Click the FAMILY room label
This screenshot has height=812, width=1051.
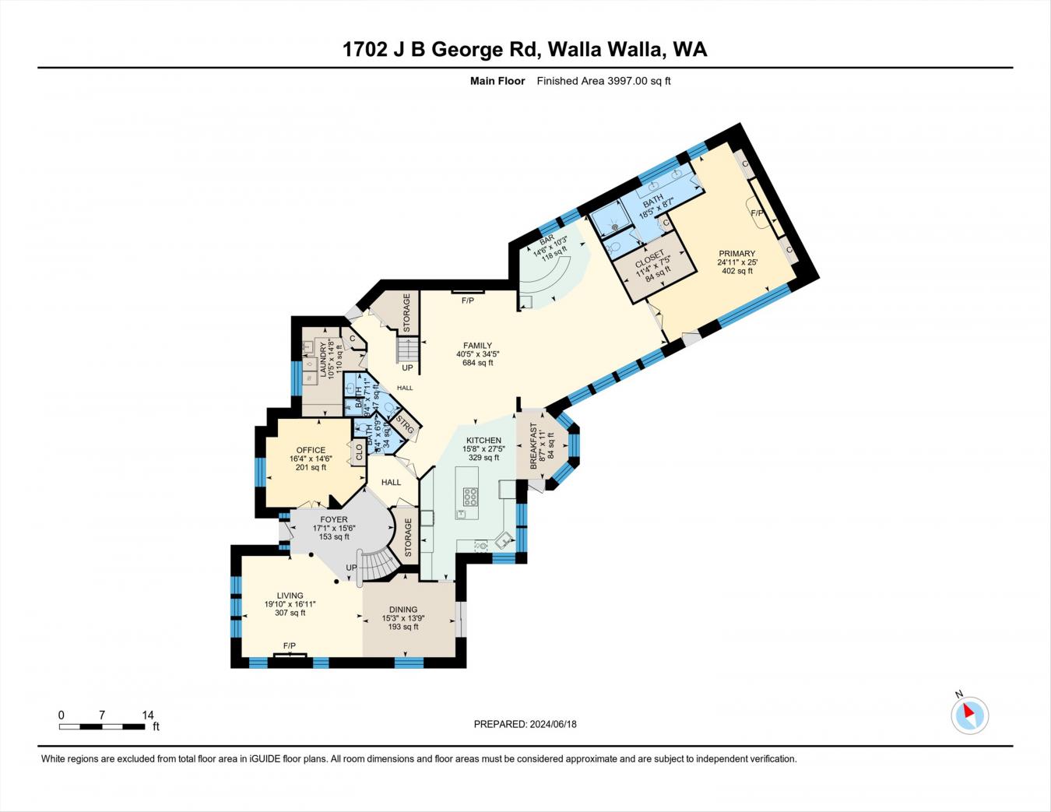point(477,346)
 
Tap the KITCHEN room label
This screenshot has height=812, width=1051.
point(483,441)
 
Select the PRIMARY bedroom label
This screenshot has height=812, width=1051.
point(736,254)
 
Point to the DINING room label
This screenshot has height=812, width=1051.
point(403,610)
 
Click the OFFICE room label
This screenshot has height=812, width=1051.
point(311,450)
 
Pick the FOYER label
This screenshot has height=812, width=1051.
point(334,519)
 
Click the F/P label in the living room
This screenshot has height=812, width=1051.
point(290,645)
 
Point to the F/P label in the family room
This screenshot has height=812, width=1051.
point(468,301)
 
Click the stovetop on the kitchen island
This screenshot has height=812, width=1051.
point(471,496)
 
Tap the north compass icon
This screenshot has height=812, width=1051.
point(969,714)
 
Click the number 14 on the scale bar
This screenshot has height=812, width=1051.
point(148,715)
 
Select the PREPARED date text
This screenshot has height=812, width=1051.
point(525,724)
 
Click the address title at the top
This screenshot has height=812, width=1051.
point(525,50)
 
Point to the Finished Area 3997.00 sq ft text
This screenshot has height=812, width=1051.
point(603,81)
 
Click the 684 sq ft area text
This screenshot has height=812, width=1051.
point(477,363)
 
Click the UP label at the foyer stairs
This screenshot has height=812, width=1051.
point(351,568)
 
